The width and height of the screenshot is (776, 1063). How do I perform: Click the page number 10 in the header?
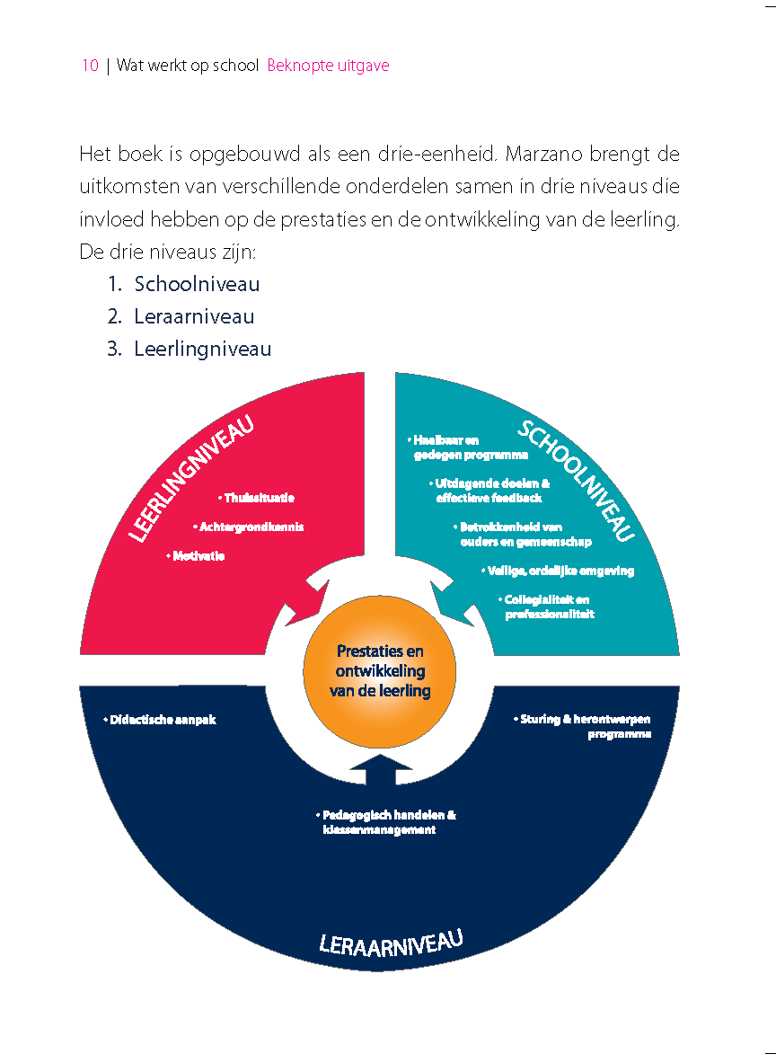coord(89,66)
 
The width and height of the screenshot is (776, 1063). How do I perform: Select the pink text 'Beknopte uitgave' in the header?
coord(328,66)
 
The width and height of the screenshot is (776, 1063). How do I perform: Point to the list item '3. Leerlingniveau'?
coord(190,349)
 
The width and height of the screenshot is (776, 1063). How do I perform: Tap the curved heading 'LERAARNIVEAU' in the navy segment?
coord(391,943)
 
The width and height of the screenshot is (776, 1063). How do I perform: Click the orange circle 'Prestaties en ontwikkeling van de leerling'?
coord(380,671)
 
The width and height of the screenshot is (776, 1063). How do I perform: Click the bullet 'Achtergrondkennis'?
coord(248,527)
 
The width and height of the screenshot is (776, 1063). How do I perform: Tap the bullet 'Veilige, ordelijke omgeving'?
coord(557,571)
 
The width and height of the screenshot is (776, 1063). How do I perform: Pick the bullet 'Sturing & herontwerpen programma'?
coord(584,726)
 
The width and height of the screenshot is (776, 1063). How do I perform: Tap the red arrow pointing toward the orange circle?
coord(305,597)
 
